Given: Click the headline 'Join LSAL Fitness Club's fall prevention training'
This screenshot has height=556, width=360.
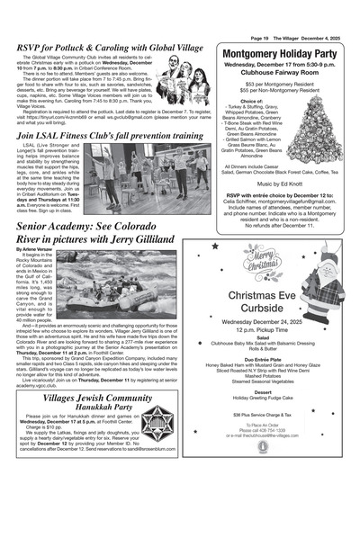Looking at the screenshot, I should [x=110, y=135].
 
